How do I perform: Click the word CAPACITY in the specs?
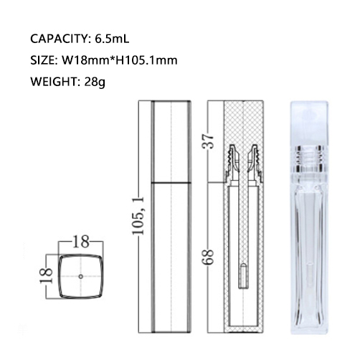pyautogui.click(x=60, y=39)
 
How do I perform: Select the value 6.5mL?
pyautogui.click(x=112, y=39)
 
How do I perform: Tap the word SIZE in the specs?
pyautogui.click(x=42, y=60)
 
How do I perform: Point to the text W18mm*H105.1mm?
pyautogui.click(x=120, y=60)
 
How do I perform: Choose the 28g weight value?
pyautogui.click(x=95, y=82)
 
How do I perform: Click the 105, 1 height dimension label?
pyautogui.click(x=138, y=216)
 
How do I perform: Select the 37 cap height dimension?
pyautogui.click(x=208, y=141)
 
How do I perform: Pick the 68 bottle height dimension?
pyautogui.click(x=208, y=257)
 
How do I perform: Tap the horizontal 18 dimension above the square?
pyautogui.click(x=81, y=242)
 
